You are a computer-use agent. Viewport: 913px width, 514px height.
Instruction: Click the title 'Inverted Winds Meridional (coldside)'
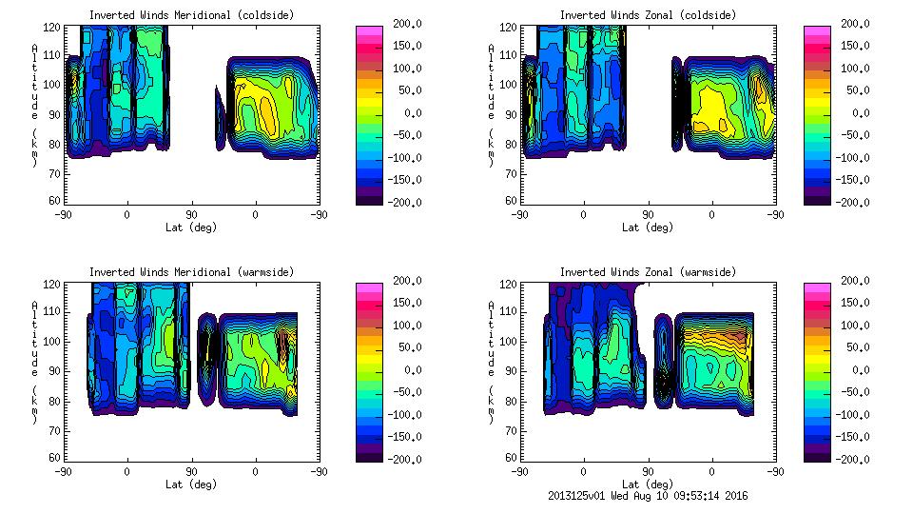coord(192,15)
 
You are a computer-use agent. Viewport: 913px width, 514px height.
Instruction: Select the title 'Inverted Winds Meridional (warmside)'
coord(192,272)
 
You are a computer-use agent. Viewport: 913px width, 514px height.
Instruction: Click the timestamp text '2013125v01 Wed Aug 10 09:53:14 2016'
coord(649,495)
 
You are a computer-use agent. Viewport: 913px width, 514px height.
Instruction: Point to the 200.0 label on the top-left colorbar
coord(401,24)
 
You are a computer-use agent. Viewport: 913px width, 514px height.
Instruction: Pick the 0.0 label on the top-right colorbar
coord(856,113)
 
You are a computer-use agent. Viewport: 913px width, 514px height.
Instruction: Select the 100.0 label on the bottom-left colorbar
coord(401,326)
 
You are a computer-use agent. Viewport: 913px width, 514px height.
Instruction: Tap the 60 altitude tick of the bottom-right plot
coord(505,458)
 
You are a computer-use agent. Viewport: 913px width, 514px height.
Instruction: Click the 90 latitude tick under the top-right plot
coord(649,214)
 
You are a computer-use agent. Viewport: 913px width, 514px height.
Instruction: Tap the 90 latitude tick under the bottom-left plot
coord(191,471)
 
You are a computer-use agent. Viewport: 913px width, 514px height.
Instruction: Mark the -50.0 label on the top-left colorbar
coord(401,135)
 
